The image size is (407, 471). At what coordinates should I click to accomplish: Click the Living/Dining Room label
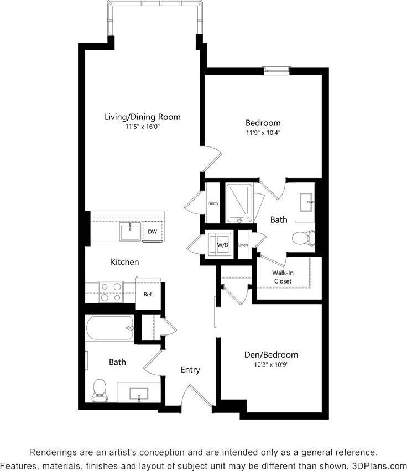click(143, 117)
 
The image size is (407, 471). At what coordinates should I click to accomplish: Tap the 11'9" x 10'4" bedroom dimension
click(263, 133)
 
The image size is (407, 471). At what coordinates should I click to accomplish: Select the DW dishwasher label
click(152, 232)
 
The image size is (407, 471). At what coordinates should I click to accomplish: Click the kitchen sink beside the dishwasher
click(131, 232)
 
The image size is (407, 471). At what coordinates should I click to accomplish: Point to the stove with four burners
click(111, 291)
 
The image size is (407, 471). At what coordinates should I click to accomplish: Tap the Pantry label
click(213, 203)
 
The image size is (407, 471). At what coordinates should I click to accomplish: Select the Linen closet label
click(243, 244)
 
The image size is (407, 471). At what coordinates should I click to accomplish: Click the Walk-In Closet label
click(283, 277)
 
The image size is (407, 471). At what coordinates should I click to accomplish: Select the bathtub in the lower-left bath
click(110, 328)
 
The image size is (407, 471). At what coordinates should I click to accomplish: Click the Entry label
click(190, 370)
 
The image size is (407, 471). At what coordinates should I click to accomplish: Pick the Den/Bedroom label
click(271, 354)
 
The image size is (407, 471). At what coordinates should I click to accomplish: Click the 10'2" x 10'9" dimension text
click(271, 364)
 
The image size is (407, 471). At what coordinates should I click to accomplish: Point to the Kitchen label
click(124, 262)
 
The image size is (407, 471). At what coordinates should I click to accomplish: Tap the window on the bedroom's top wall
click(276, 70)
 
